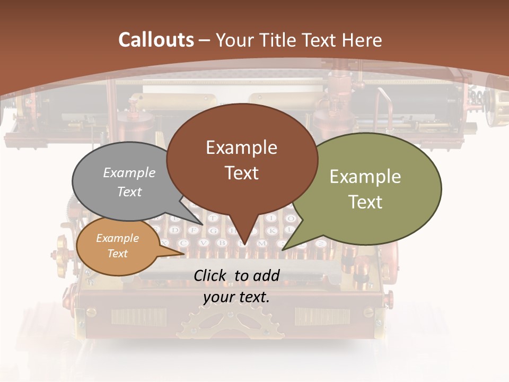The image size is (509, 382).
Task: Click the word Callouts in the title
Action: [156, 40]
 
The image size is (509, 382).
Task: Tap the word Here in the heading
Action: [362, 40]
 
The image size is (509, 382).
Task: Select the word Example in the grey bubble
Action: [129, 172]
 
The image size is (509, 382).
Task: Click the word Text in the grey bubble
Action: [129, 192]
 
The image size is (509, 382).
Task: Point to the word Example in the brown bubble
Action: [241, 147]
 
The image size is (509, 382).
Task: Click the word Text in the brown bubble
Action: [241, 173]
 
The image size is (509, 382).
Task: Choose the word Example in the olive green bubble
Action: [365, 177]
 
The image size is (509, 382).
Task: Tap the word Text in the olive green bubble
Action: [365, 202]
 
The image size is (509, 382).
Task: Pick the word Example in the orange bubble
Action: [117, 238]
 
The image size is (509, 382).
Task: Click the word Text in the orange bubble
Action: [117, 254]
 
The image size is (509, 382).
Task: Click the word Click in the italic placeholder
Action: [211, 275]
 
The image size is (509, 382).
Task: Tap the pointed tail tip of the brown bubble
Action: [244, 245]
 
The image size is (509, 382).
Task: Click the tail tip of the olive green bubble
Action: [283, 249]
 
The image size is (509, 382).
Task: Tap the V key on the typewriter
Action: [203, 243]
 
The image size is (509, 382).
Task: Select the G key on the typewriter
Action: [213, 231]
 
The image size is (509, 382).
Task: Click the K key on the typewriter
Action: [272, 231]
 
